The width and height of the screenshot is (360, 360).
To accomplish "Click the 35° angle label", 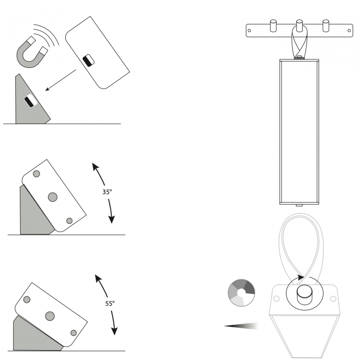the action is (x=107, y=192).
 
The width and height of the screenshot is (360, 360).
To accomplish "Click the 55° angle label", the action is (x=110, y=303).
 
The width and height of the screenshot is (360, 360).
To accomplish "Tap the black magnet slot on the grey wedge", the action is (x=29, y=102).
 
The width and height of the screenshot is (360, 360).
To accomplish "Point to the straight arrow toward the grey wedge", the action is (x=61, y=80).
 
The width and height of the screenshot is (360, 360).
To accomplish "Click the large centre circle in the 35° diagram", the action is (x=53, y=197).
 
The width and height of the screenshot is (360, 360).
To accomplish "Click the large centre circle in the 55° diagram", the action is (x=50, y=316).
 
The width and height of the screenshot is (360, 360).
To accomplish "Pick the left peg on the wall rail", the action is (x=273, y=26).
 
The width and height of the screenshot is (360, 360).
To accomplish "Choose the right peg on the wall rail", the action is (x=326, y=26).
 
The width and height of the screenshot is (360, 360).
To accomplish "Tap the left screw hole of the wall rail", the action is (x=249, y=31).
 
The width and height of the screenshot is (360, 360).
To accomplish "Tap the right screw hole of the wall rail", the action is (x=349, y=31).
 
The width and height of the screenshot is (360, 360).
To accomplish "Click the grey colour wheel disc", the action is (x=241, y=293).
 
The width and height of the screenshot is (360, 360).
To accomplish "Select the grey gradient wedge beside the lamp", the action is (x=241, y=326).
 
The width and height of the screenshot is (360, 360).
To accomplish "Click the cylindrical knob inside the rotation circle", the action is (x=305, y=295).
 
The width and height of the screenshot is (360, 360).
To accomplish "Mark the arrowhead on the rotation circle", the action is (x=300, y=278).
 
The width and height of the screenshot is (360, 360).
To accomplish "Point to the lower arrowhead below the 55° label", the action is (x=114, y=331).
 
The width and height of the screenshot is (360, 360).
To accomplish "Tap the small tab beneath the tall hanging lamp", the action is (x=299, y=205).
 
